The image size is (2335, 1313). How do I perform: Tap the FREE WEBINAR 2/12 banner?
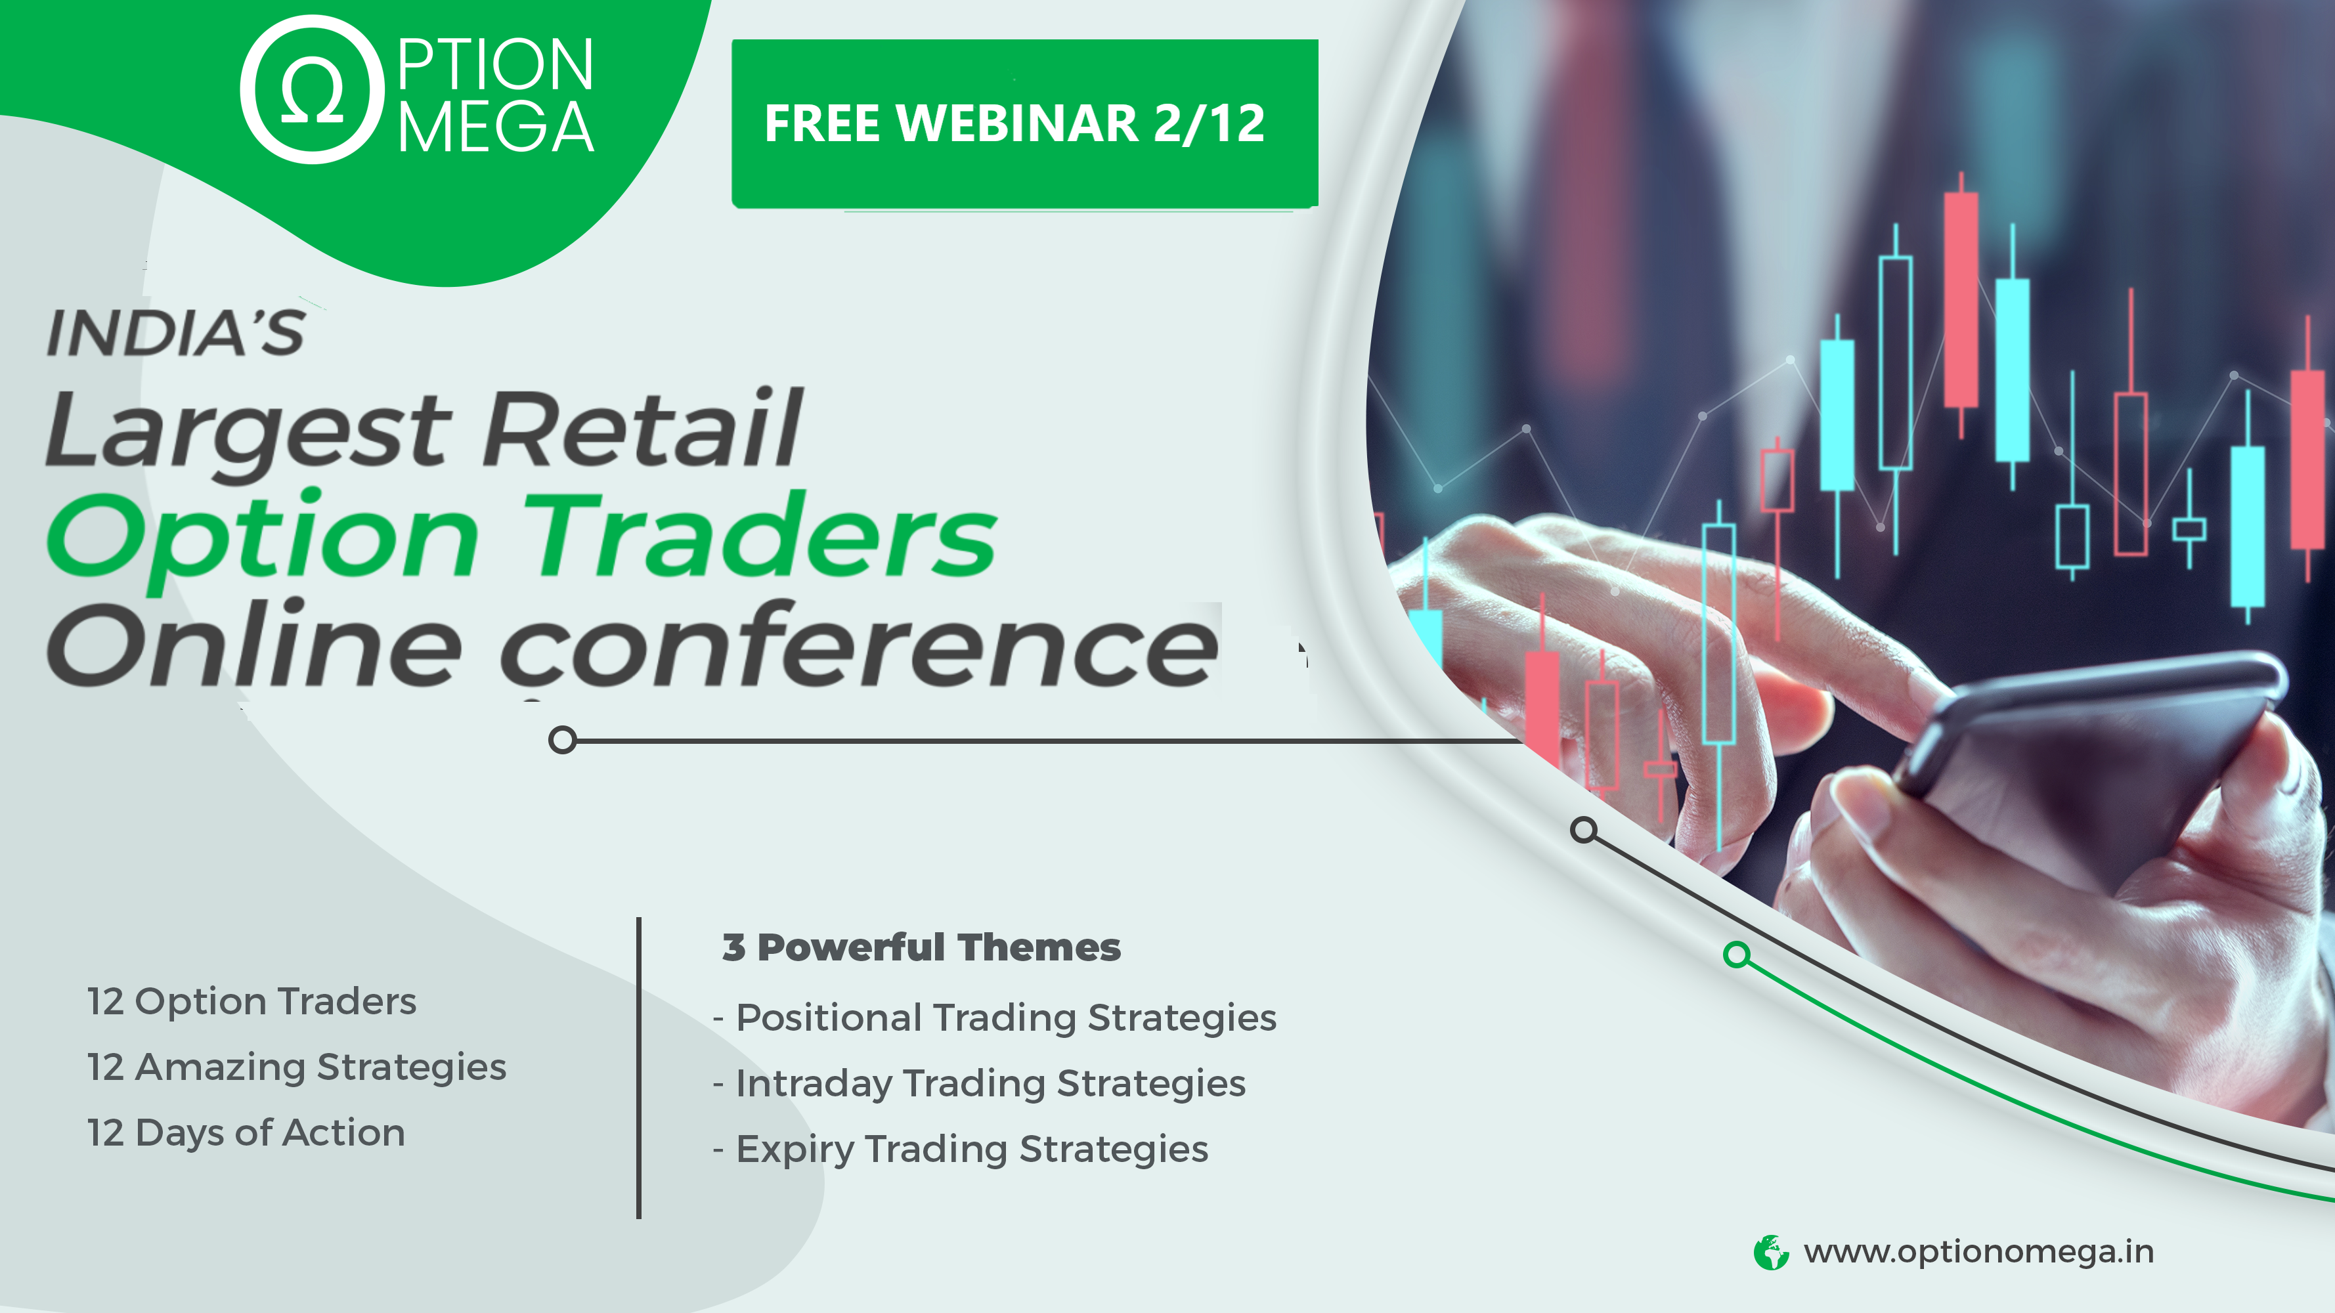tap(1024, 123)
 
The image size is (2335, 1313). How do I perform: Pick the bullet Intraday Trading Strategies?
tap(980, 1085)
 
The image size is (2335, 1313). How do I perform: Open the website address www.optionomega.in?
tap(1978, 1253)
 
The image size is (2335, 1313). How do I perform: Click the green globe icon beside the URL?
tap(1771, 1253)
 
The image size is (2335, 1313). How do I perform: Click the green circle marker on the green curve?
tap(1737, 955)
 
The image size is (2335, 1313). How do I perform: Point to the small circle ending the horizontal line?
tap(563, 741)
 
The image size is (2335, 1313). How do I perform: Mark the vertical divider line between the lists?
tap(639, 1068)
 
